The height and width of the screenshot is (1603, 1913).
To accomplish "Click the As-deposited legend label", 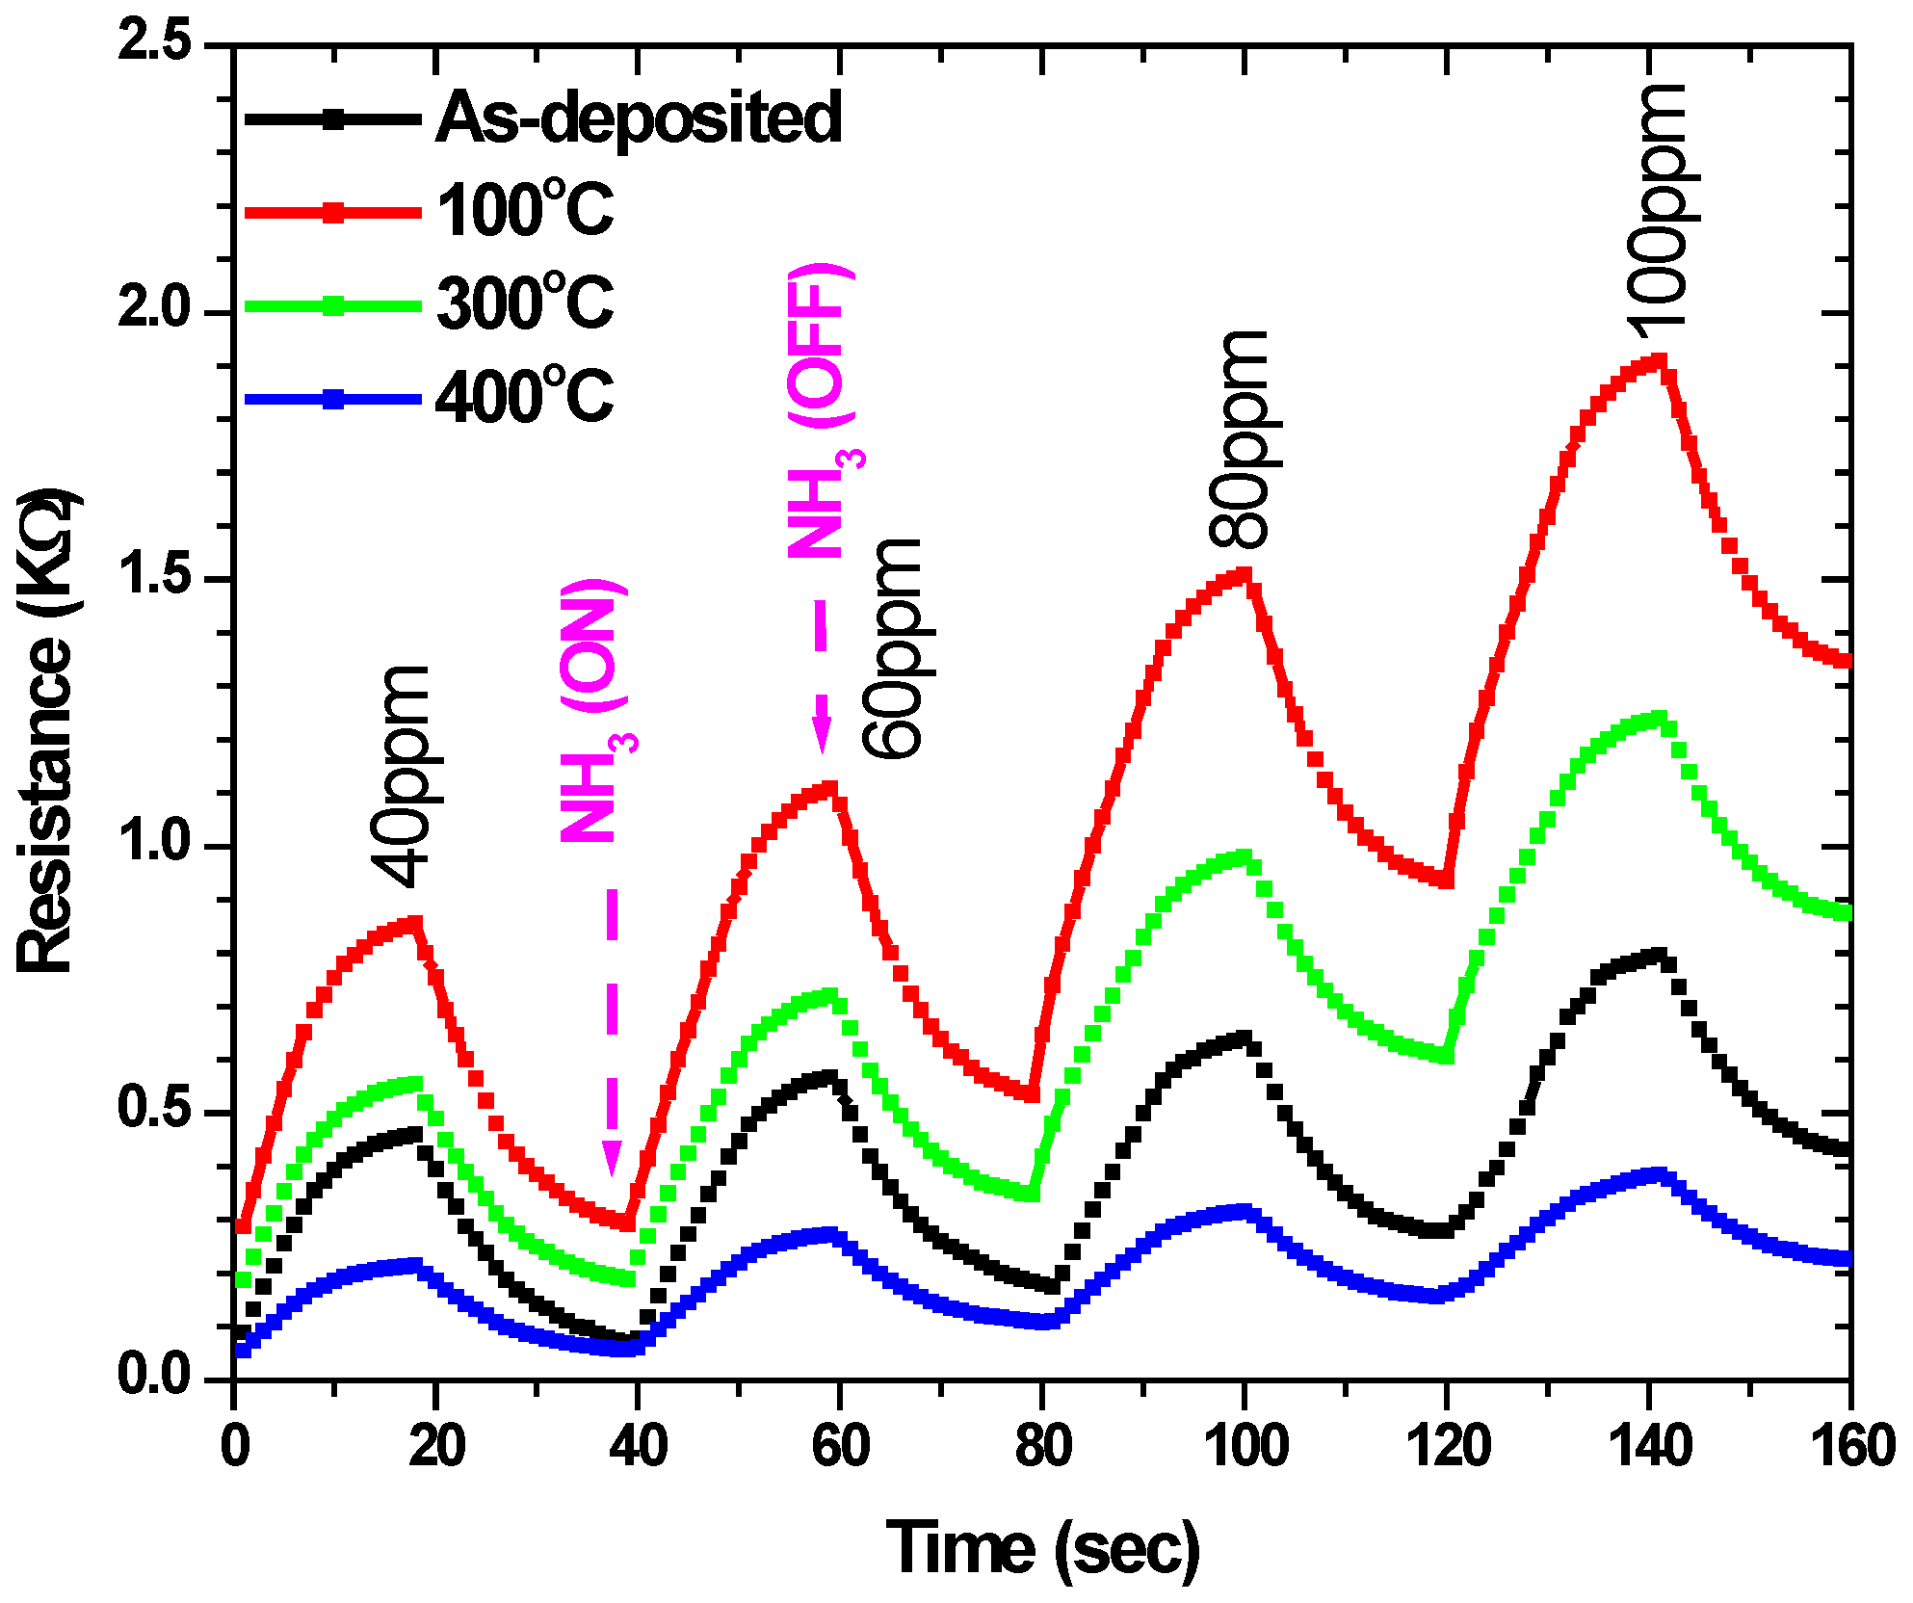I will coord(639,118).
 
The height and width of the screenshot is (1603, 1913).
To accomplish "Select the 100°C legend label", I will coord(525,211).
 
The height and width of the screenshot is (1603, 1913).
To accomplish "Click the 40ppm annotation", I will coord(400,776).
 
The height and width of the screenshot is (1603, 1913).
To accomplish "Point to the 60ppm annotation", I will coord(892,648).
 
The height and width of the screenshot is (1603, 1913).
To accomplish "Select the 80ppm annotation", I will coord(1240,439).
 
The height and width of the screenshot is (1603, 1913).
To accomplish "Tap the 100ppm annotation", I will coord(1659,210).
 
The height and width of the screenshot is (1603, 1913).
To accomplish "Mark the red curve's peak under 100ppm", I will coord(1659,361).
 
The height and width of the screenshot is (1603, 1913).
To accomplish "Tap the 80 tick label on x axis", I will coord(1042,1448).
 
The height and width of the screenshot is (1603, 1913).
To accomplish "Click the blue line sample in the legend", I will coord(333,399).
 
